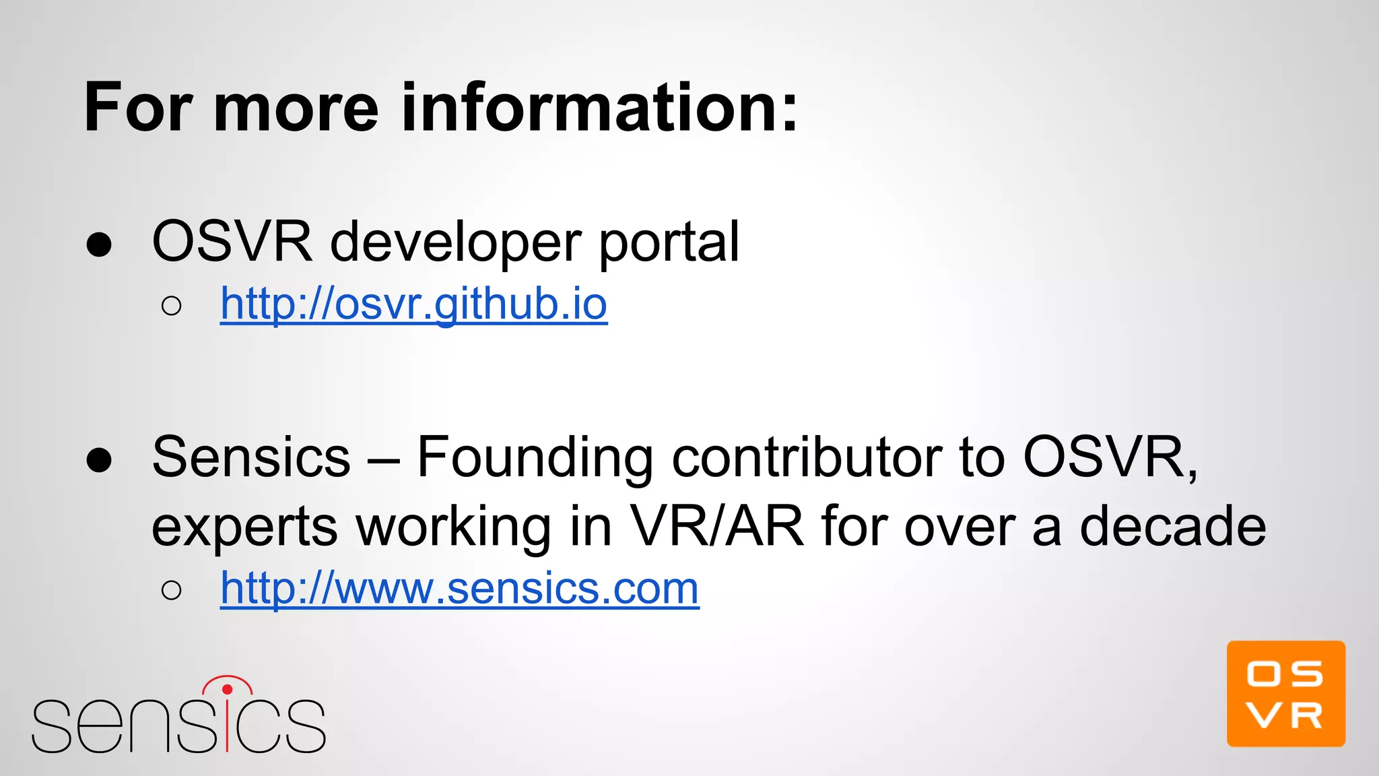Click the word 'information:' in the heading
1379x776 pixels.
click(599, 108)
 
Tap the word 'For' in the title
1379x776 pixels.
click(139, 108)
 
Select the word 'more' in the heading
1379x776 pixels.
click(296, 108)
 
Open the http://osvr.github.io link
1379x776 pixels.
click(413, 304)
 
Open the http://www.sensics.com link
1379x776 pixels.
click(459, 589)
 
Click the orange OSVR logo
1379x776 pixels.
click(1285, 694)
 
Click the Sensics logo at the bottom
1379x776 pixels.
click(178, 717)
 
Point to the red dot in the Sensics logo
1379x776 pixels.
click(227, 689)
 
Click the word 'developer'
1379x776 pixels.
click(456, 243)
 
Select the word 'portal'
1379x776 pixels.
click(669, 243)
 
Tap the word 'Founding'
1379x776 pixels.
click(535, 458)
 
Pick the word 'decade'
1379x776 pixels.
click(1172, 527)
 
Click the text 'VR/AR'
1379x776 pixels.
click(716, 527)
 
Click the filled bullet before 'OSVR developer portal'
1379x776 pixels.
click(99, 245)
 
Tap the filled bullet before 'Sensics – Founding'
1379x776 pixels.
click(99, 461)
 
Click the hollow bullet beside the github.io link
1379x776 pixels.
click(172, 306)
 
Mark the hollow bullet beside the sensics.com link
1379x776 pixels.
click(172, 591)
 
